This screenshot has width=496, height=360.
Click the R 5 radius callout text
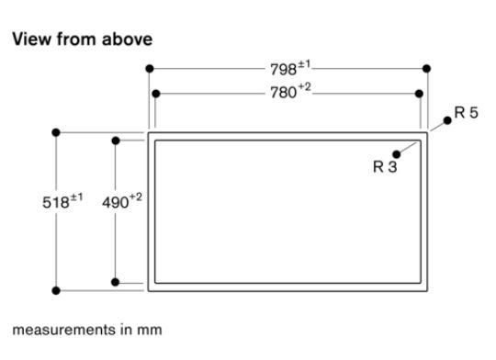pyautogui.click(x=467, y=115)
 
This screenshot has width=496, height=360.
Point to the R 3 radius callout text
pyautogui.click(x=385, y=168)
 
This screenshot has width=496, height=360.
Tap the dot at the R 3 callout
pyautogui.click(x=397, y=154)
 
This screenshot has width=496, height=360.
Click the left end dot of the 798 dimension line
pyautogui.click(x=149, y=68)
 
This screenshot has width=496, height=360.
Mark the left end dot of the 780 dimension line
pyautogui.click(x=156, y=93)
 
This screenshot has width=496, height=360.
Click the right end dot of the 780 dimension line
pyautogui.click(x=421, y=93)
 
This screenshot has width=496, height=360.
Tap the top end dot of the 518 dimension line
pyautogui.click(x=57, y=132)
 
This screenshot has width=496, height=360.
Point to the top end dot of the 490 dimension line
pyautogui.click(x=115, y=141)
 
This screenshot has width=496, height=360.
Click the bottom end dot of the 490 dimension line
pyautogui.click(x=115, y=282)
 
